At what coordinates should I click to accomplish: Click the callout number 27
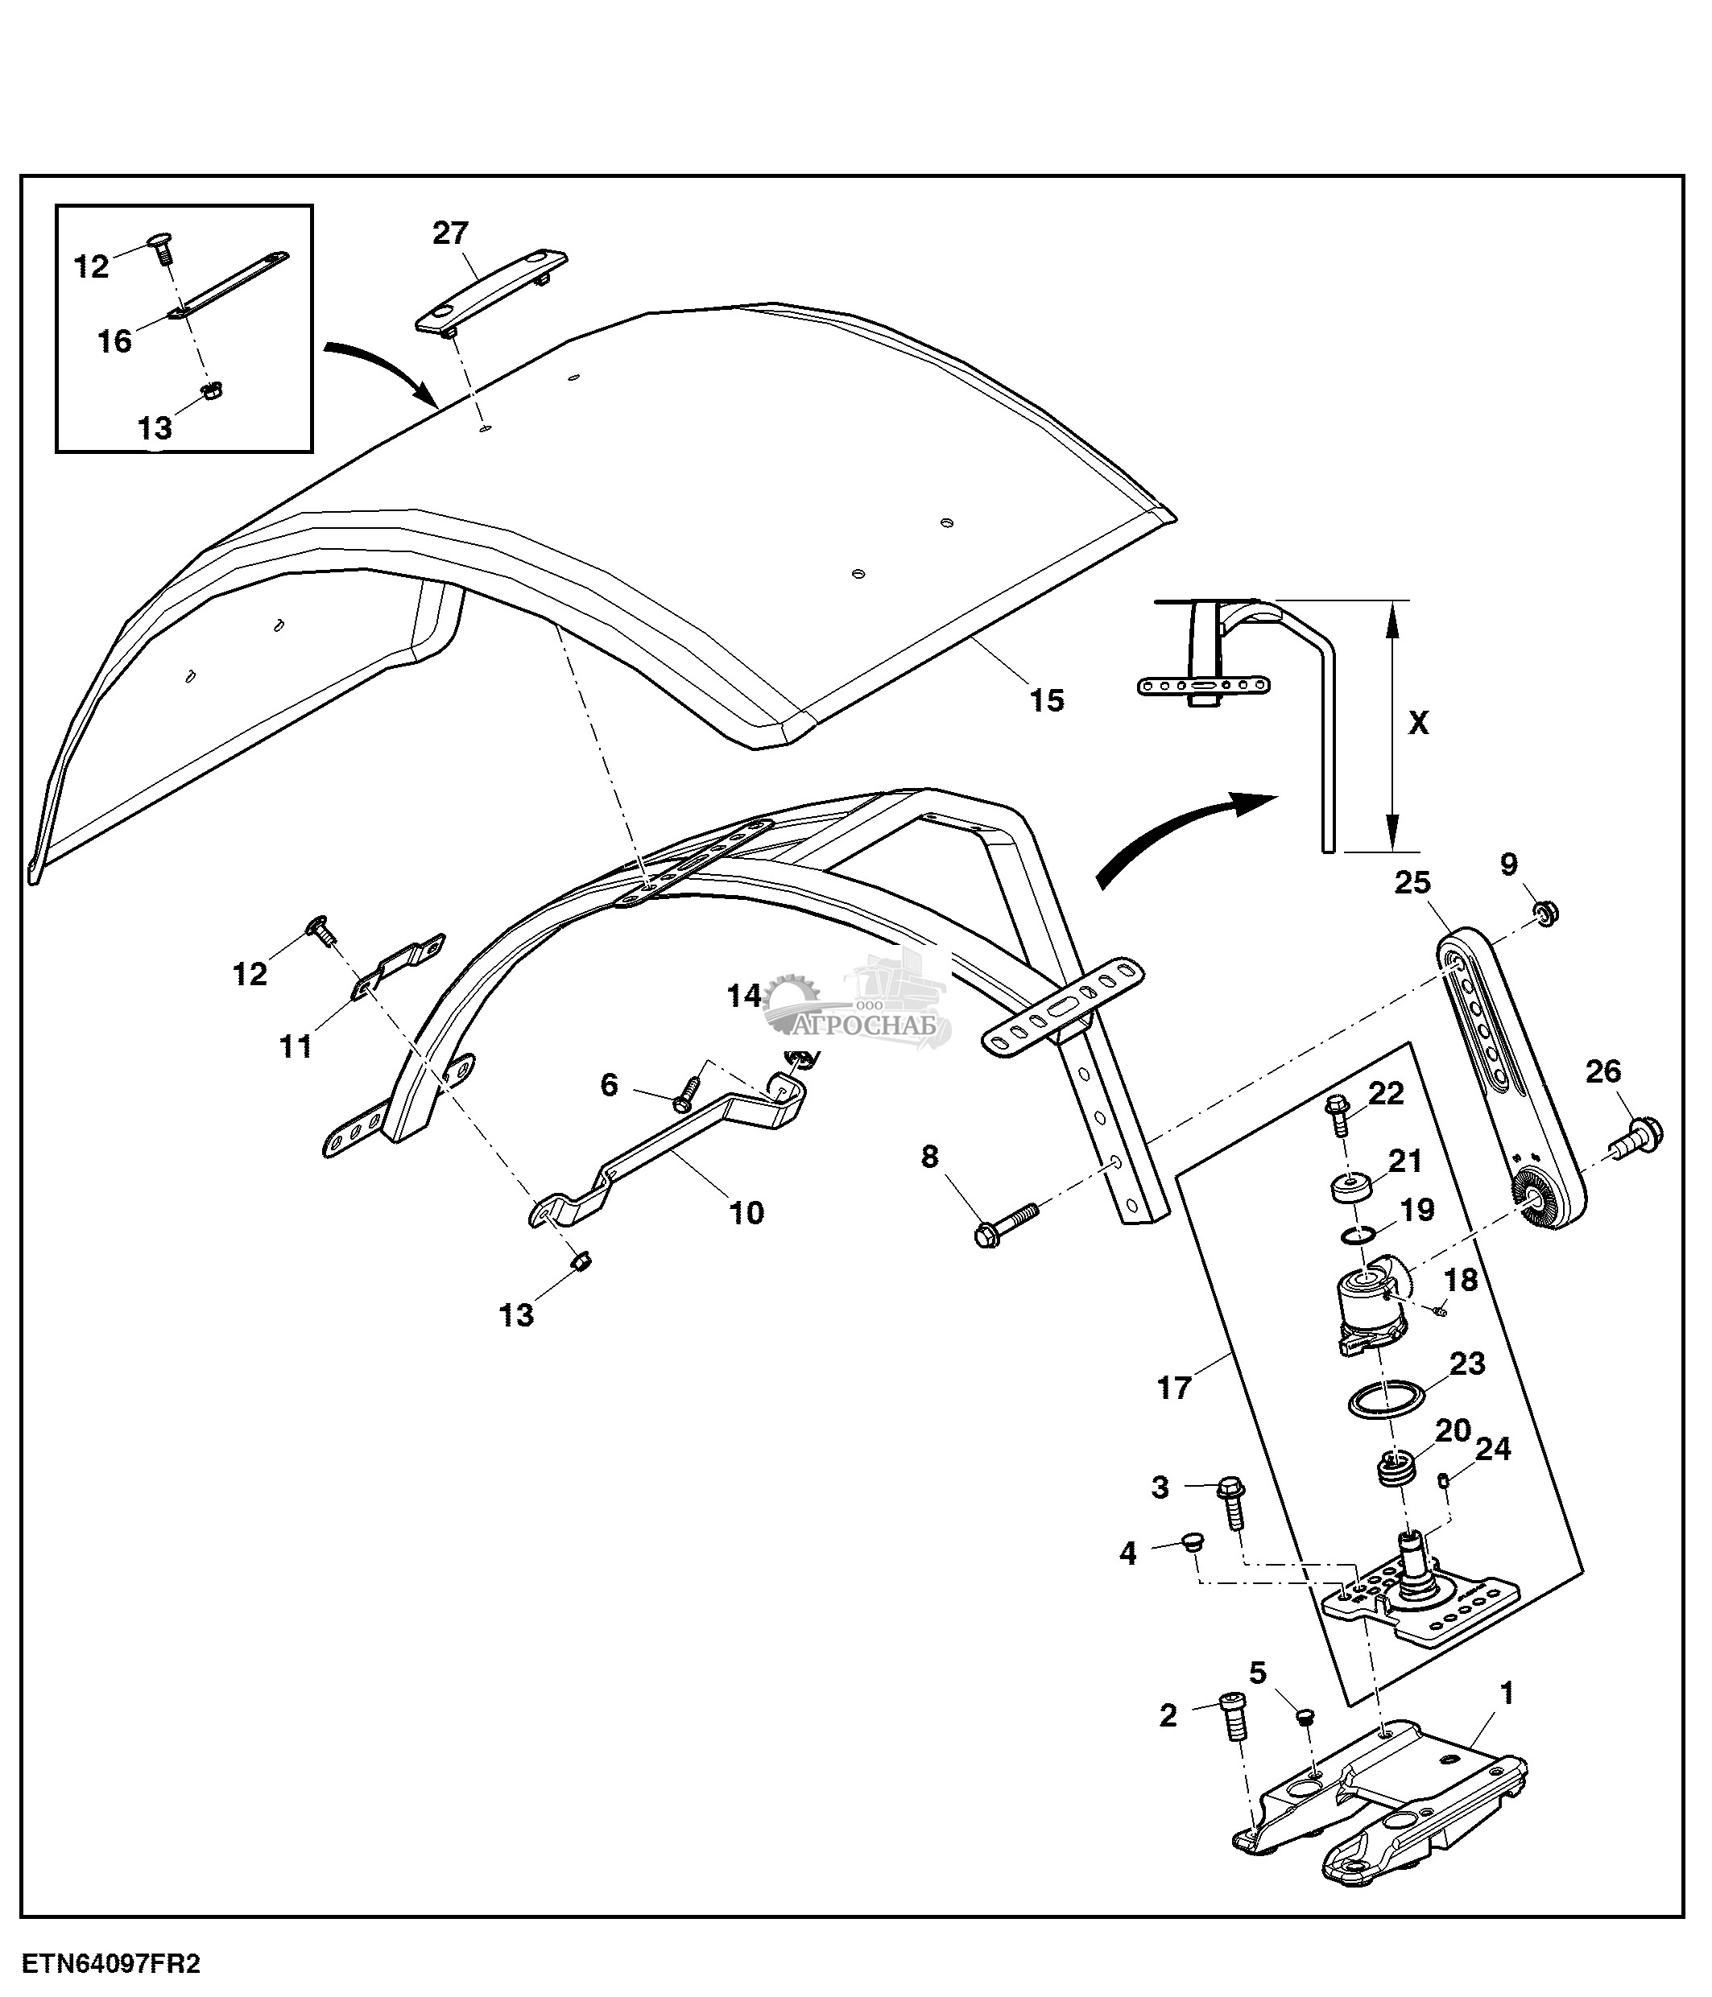450,233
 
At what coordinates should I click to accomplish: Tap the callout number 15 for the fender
1047,701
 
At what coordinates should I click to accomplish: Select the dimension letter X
1418,723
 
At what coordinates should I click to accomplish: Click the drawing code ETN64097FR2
112,1963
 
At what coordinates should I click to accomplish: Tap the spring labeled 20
1395,1497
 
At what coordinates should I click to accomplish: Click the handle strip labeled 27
492,292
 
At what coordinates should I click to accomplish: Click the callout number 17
1173,1388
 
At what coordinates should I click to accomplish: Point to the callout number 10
746,1212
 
